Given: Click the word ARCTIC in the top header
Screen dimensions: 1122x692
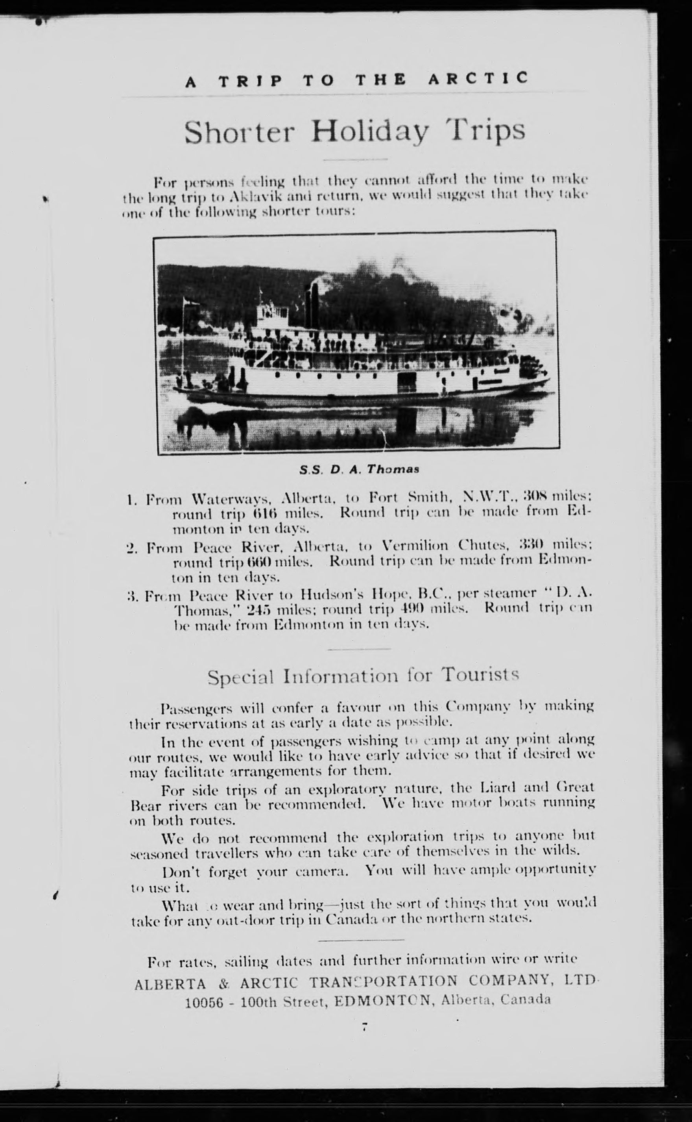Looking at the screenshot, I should pyautogui.click(x=478, y=79).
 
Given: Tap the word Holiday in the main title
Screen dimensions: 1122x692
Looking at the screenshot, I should pyautogui.click(x=370, y=131).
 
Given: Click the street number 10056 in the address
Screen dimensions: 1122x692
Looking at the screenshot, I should pyautogui.click(x=204, y=1001).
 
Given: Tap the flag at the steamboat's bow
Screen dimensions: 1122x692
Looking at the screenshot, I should pyautogui.click(x=187, y=302).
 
